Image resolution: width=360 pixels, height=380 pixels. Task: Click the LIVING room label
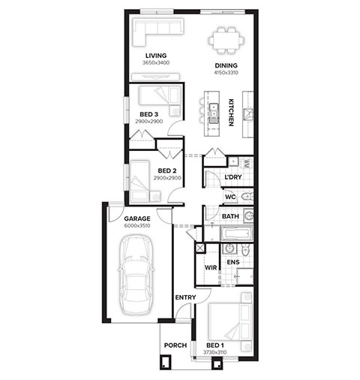[x=156, y=56]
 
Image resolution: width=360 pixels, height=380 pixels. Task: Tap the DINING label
[x=226, y=65]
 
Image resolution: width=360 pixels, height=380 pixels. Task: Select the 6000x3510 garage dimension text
[x=137, y=225]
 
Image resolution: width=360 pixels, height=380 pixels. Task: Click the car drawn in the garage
[x=136, y=275]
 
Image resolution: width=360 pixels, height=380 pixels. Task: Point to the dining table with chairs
[x=226, y=41]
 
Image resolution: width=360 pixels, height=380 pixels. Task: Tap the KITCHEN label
[x=231, y=113]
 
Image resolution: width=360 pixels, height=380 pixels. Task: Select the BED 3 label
[x=148, y=114]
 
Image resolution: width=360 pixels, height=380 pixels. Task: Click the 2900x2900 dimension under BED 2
[x=167, y=178]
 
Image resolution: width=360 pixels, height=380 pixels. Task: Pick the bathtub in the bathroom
[x=236, y=234]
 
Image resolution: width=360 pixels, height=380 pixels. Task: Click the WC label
[x=230, y=197]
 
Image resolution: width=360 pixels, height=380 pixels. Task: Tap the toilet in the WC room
[x=247, y=197]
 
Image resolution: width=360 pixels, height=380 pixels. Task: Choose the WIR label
[x=211, y=267]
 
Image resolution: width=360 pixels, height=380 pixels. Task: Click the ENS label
[x=233, y=262]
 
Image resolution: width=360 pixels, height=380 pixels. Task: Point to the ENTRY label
[x=185, y=297]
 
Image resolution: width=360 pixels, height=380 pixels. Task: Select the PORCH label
[x=175, y=345]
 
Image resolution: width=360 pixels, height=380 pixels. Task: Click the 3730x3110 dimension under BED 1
[x=215, y=352]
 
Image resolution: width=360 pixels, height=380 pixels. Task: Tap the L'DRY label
[x=233, y=177]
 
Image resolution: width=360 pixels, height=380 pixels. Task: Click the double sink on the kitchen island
[x=213, y=113]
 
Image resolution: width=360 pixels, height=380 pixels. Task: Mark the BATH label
[x=230, y=216]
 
